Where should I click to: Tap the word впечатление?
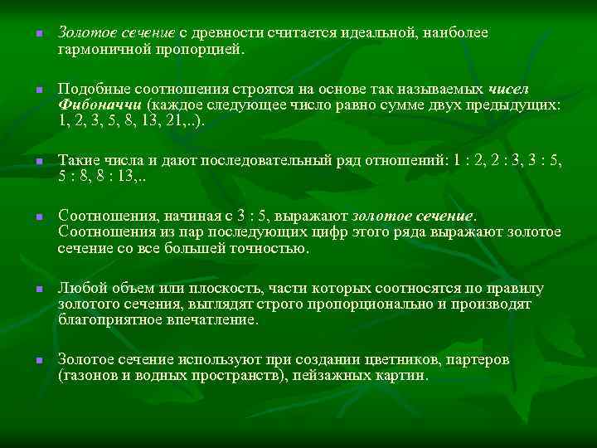(x=215, y=319)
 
